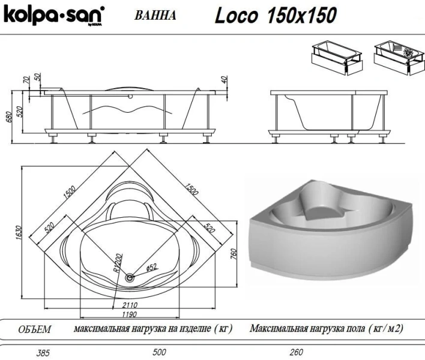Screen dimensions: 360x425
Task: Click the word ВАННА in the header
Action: tap(155, 16)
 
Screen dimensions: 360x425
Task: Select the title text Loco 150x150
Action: tap(276, 15)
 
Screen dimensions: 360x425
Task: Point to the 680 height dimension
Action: tap(8, 117)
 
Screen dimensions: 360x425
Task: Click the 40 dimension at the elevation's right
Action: tap(225, 79)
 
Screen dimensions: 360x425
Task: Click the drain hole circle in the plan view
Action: tap(130, 277)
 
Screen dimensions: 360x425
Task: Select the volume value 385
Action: tap(25, 352)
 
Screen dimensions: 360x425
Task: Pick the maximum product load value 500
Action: tap(159, 352)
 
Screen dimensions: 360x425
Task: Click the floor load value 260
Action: tap(296, 352)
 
